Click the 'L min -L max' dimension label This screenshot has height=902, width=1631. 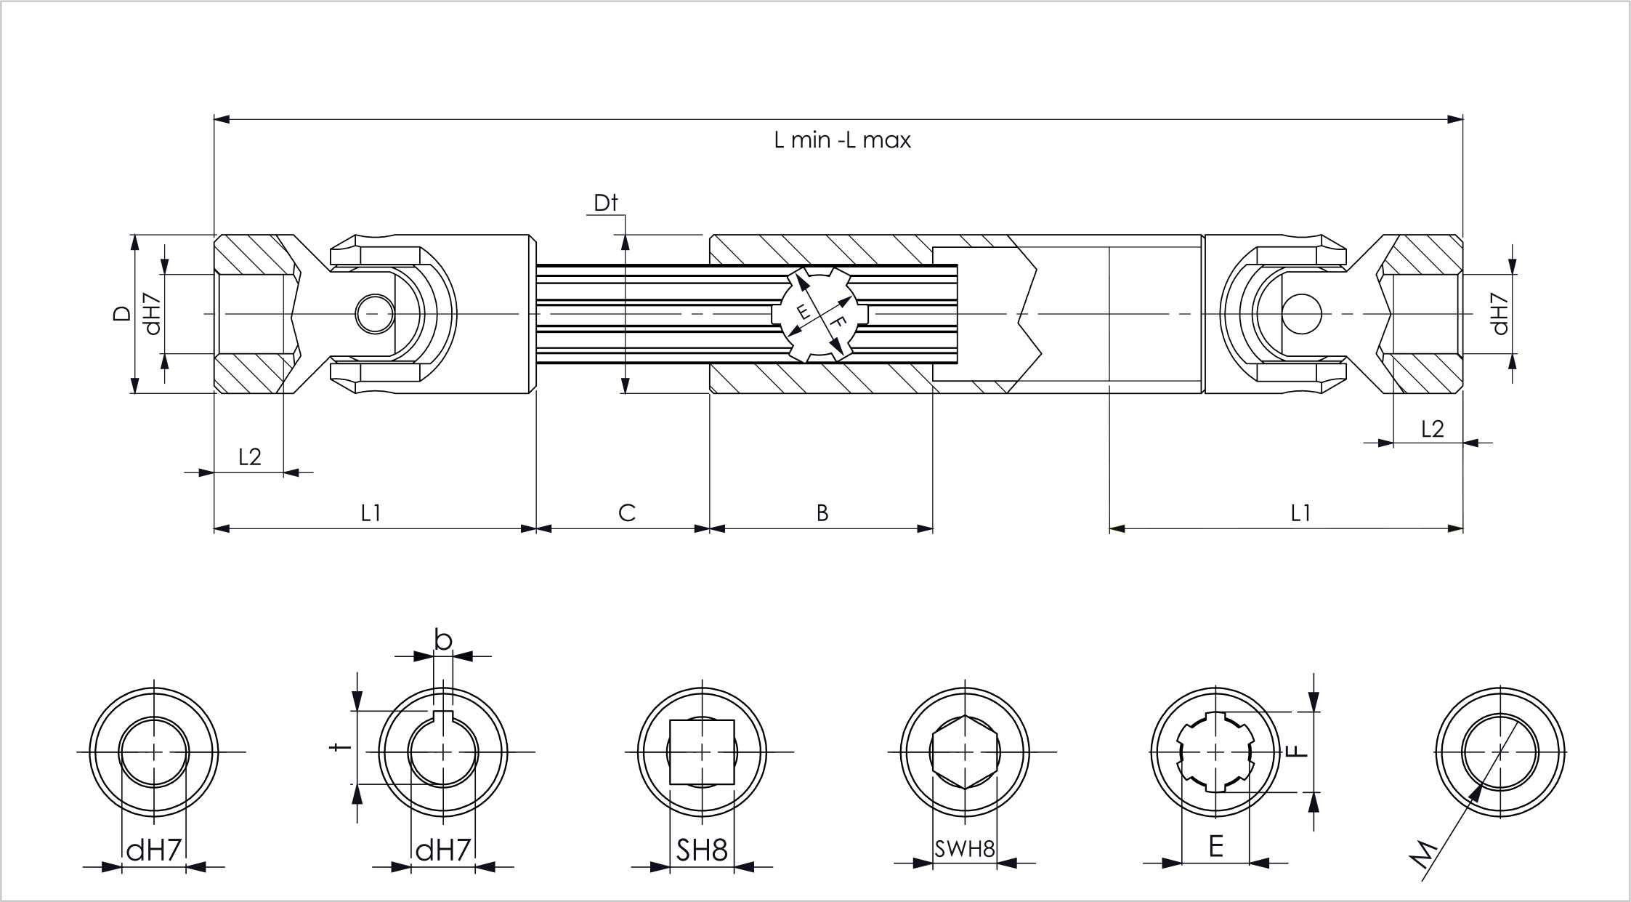click(x=842, y=140)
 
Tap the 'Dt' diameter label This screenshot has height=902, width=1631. click(x=605, y=203)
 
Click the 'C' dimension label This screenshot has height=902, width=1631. click(x=626, y=513)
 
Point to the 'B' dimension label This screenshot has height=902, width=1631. click(x=822, y=513)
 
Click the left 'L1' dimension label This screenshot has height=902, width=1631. click(x=371, y=513)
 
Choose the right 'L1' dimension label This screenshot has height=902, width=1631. click(x=1300, y=513)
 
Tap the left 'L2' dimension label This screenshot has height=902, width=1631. click(x=249, y=456)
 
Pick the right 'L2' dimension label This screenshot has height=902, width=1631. click(x=1432, y=429)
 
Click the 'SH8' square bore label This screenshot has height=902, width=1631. click(x=702, y=850)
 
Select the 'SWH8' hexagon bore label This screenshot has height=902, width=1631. click(x=964, y=849)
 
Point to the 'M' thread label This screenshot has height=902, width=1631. click(x=1425, y=855)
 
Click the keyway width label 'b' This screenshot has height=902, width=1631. click(x=443, y=640)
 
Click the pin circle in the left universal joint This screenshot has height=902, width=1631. click(x=375, y=314)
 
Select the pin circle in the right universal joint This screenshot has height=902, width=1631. click(x=1301, y=314)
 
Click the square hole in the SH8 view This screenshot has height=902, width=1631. click(x=702, y=752)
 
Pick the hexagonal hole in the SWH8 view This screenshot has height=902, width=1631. click(x=964, y=752)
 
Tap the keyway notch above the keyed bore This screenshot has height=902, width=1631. click(x=443, y=717)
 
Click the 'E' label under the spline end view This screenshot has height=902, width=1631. click(x=1215, y=847)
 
